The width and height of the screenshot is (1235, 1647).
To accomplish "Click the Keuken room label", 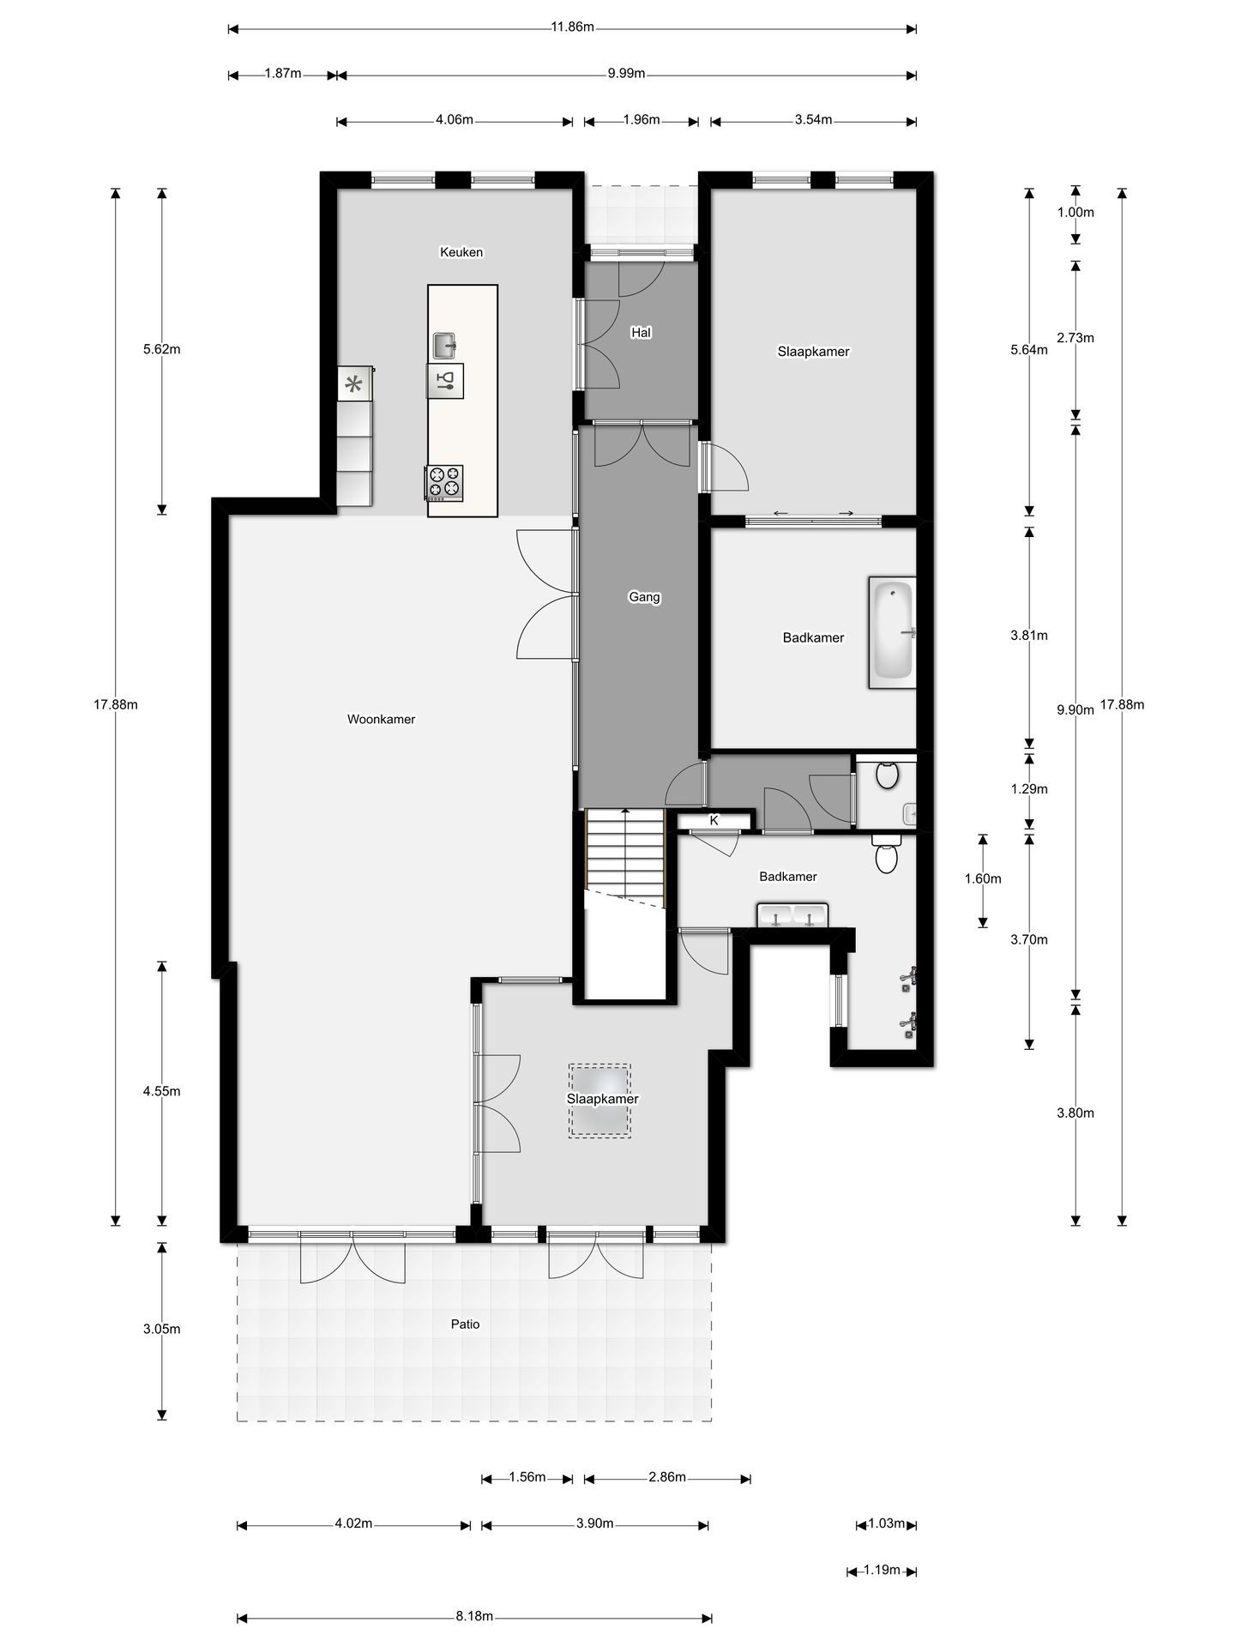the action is [461, 252].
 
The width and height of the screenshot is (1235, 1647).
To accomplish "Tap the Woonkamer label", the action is [381, 719].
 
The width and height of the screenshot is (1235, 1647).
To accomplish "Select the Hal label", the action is [641, 332].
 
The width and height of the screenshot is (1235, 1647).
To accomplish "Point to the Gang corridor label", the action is [644, 597].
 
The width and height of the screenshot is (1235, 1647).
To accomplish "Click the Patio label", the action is [466, 1324].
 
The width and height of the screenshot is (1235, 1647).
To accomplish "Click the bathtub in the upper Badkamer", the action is [893, 633].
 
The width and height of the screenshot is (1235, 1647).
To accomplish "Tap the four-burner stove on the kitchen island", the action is [444, 483].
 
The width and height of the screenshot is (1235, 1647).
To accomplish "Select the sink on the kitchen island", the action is [444, 345].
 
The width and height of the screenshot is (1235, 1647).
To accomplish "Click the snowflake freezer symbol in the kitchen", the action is [353, 384].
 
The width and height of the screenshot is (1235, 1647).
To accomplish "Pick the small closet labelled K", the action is [714, 821].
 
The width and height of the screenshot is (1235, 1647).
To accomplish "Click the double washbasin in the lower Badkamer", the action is [792, 914].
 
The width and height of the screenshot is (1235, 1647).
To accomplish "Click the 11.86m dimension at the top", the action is [573, 27].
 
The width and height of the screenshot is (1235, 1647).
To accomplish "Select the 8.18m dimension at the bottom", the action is [474, 1617].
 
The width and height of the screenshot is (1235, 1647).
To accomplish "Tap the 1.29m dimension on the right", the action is [1029, 788].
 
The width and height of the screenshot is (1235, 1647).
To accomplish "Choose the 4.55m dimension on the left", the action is [162, 1091].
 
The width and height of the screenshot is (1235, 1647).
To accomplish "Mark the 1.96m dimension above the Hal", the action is [642, 120].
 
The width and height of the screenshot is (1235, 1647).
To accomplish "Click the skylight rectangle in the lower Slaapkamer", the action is [599, 1101].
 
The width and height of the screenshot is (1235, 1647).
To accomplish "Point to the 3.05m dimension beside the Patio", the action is [162, 1329].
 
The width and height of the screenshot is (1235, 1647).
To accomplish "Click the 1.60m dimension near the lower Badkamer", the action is [983, 878].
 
